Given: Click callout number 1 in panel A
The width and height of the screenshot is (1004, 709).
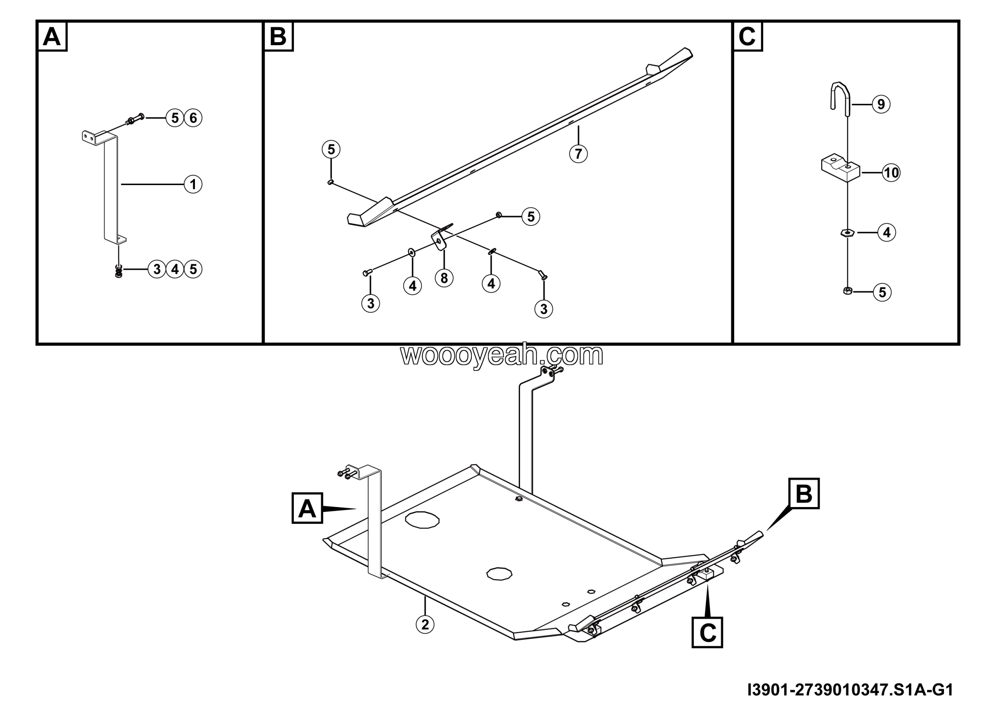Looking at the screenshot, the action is point(193,184).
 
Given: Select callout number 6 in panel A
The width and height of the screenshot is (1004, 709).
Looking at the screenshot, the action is point(193,118).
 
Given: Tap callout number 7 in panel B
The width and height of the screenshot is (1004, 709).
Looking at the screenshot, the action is point(578,153).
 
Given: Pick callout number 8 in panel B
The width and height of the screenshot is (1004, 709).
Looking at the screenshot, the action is point(444,278).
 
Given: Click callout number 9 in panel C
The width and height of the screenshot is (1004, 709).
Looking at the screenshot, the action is point(881,104).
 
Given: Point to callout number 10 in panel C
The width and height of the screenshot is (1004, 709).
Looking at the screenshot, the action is point(891,173).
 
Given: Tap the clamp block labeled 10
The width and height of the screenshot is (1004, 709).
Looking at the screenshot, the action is point(840,167).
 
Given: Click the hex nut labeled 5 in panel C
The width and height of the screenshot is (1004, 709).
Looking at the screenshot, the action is point(847,291).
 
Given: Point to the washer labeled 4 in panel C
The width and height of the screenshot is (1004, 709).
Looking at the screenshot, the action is point(848,233).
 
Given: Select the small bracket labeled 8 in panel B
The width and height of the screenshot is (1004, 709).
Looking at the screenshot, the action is point(440,238).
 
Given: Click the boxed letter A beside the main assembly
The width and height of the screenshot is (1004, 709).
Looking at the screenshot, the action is point(307,508).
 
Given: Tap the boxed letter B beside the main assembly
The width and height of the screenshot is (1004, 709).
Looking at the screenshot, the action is point(804,493).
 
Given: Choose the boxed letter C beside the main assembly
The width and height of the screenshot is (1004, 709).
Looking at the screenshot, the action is point(707,633).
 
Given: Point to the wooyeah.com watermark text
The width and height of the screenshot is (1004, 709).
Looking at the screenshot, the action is point(502,356).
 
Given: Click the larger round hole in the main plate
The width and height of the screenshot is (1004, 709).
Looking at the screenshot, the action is point(422,520).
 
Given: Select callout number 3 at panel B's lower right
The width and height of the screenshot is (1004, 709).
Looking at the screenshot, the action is point(544,309).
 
